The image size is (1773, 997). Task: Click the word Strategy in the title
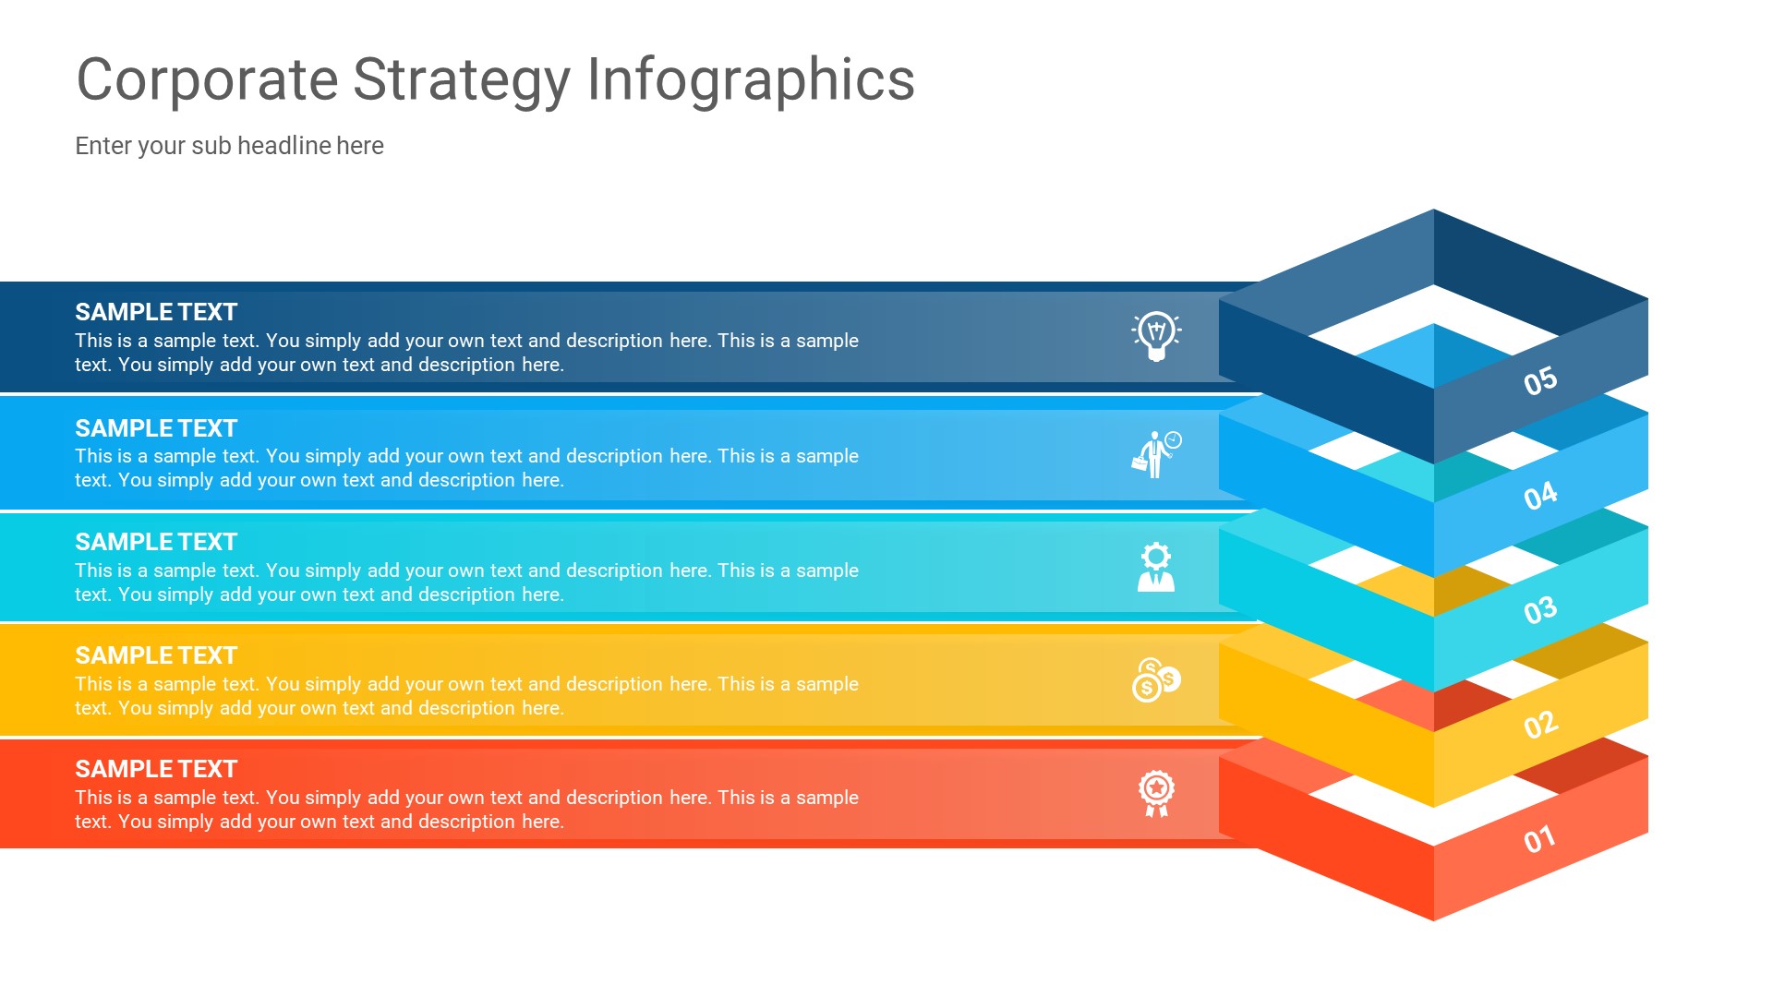point(462,79)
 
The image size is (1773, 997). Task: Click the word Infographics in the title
point(750,79)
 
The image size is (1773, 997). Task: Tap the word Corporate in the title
point(207,79)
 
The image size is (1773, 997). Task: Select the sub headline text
point(229,146)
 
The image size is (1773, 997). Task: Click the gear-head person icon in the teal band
point(1156,567)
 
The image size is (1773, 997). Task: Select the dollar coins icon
point(1156,680)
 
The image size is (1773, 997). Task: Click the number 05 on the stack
point(1540,380)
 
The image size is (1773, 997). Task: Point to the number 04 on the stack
point(1540,496)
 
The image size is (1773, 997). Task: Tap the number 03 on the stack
point(1540,610)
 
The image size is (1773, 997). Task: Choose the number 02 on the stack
point(1540,725)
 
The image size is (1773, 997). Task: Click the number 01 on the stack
point(1539,839)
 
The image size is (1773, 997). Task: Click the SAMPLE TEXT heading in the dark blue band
point(156,312)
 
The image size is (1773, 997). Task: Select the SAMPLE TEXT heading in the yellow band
point(156,655)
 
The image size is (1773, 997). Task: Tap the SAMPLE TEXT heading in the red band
point(156,769)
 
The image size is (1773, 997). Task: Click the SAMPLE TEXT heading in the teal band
point(156,542)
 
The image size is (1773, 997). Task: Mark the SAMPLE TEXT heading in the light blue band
point(156,428)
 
